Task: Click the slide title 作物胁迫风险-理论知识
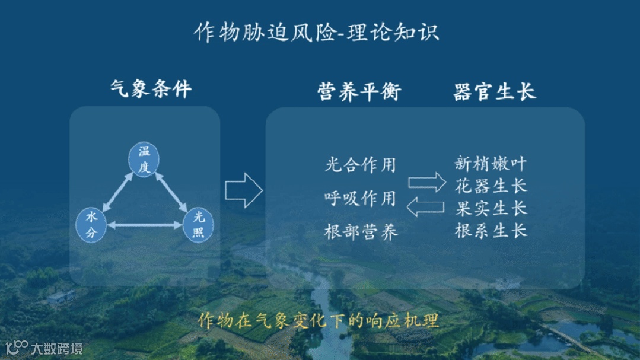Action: (316, 32)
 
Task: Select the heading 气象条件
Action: (151, 90)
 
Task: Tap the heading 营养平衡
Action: (359, 92)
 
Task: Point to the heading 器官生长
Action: (494, 92)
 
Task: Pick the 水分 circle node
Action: (91, 224)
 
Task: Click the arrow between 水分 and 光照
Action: (145, 225)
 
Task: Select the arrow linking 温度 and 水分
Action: (117, 191)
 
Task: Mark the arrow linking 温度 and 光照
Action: (171, 192)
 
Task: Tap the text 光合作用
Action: (360, 164)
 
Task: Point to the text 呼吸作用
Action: (360, 197)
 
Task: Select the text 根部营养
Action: (361, 231)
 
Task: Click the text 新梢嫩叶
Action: (491, 163)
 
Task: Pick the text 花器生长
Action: (491, 186)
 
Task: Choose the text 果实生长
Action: (491, 208)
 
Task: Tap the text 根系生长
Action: (491, 230)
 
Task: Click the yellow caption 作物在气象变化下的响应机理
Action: (319, 321)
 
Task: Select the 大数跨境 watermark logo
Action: (44, 348)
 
